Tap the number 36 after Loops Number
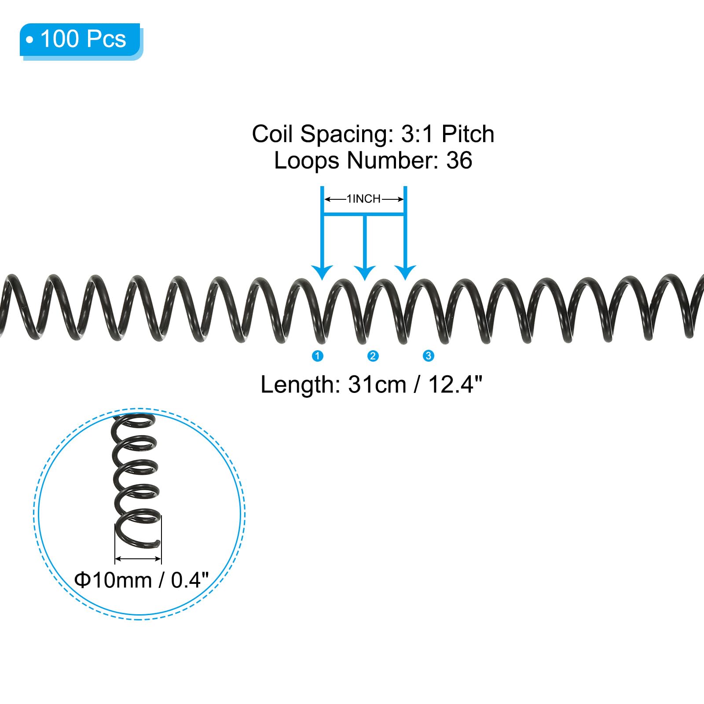459,160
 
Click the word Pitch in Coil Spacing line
468,134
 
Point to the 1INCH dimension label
364,199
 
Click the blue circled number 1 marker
317,356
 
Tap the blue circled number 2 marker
373,356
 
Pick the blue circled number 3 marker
429,356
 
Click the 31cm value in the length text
377,385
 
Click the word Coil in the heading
273,134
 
